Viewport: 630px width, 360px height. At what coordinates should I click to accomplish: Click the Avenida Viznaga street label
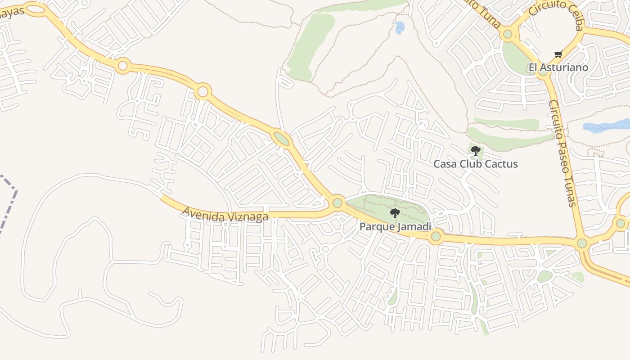tap(225, 214)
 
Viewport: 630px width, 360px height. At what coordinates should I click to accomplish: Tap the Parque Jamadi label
tap(395, 226)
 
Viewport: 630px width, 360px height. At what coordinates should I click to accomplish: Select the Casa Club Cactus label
tap(476, 164)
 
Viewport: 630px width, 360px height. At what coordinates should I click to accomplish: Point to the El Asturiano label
tap(558, 67)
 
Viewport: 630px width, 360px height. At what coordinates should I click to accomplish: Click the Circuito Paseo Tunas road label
tap(562, 153)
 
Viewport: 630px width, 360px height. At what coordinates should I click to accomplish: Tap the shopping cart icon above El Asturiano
tap(558, 54)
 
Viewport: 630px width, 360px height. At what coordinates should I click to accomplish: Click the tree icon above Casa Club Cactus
tap(475, 151)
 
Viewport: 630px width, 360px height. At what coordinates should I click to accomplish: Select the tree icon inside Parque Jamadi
tap(395, 213)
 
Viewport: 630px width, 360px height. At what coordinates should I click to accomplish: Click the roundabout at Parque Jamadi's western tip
tap(337, 203)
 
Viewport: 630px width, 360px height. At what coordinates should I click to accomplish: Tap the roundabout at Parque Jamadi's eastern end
tap(435, 236)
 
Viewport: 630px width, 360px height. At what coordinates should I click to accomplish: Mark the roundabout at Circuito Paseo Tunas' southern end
tap(582, 243)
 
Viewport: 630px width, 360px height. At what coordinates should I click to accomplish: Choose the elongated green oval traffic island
tap(282, 138)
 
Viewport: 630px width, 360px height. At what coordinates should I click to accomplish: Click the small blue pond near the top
tap(400, 27)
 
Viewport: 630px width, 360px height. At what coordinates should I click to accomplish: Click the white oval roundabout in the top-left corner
tap(36, 9)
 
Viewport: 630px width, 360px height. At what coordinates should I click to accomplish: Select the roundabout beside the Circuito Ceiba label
tap(508, 34)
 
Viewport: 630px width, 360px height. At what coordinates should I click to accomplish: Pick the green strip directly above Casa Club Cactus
tap(506, 123)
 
